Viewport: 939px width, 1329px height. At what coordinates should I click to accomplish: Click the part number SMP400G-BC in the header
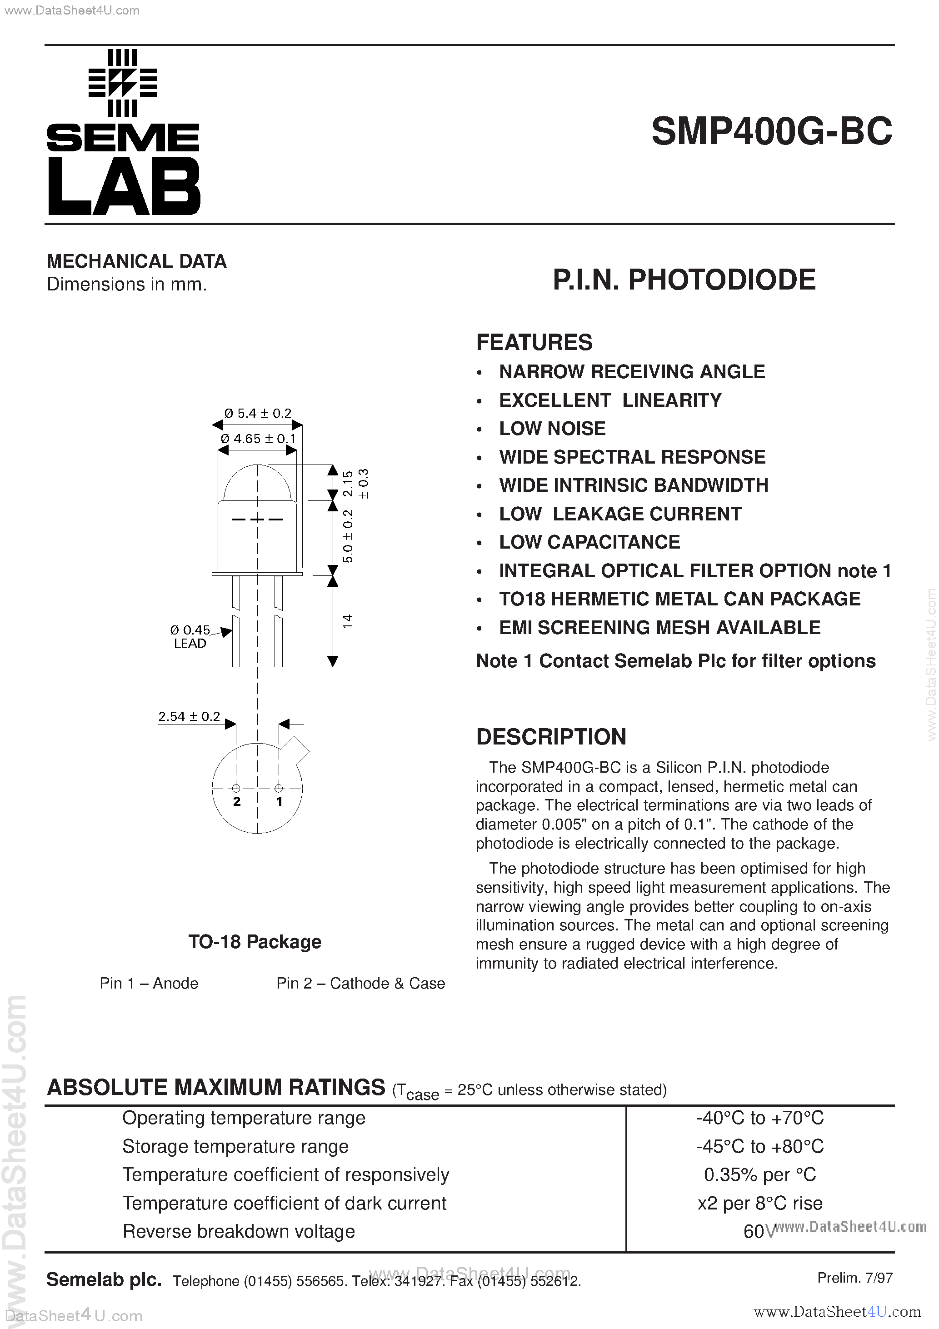point(771,132)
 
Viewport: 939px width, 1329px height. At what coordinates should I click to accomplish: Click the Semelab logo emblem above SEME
point(123,83)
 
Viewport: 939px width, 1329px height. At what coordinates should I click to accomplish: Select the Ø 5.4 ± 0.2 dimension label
point(258,413)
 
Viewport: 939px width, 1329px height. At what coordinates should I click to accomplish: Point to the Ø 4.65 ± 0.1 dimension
point(258,439)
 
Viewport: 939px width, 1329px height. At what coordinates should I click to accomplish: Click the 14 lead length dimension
point(347,621)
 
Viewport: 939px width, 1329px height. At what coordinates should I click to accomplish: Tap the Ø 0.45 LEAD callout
point(190,636)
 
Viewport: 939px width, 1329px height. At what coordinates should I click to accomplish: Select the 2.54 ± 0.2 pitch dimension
point(190,717)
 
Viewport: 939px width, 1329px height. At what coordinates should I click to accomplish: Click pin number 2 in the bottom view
point(237,802)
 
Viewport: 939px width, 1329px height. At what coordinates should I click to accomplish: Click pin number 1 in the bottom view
point(279,802)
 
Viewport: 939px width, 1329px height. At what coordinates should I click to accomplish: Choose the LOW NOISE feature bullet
point(552,429)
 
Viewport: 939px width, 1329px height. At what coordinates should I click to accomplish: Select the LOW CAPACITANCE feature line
point(589,542)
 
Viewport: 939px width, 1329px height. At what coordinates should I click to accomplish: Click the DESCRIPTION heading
point(551,737)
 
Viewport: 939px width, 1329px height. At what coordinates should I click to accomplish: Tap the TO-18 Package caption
point(255,942)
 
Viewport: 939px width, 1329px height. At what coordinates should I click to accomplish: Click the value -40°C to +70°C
point(759,1118)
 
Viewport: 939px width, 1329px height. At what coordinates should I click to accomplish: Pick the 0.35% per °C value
point(759,1174)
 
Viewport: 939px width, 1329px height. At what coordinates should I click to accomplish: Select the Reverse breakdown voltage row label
point(239,1231)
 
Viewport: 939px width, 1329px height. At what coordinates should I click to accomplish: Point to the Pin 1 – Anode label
point(149,984)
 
